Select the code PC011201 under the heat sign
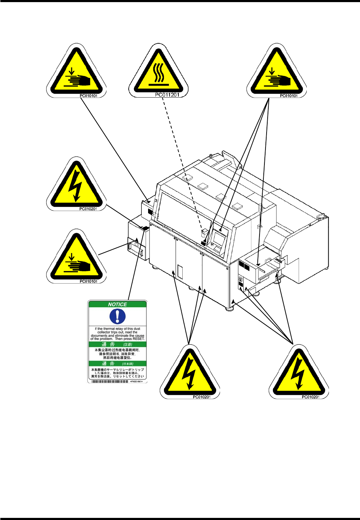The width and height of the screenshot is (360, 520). pos(167,95)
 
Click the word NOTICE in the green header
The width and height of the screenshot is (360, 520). pos(117,304)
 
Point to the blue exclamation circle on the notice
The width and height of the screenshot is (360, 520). pos(117,316)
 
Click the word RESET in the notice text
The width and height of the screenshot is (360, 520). pos(138,339)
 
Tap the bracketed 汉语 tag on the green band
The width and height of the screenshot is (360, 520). pos(128,345)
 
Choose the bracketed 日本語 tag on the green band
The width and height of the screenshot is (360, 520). pos(128,364)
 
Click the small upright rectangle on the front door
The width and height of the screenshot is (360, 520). pos(180,272)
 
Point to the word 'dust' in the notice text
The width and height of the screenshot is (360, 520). pos(137,329)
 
